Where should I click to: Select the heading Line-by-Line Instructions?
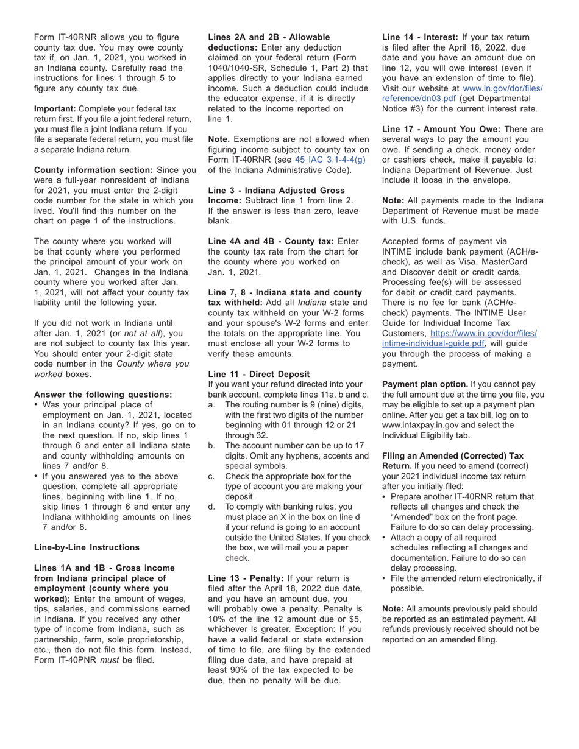click(87, 547)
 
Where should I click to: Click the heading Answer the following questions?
click(103, 395)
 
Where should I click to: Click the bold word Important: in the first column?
click(55, 108)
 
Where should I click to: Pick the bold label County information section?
click(94, 170)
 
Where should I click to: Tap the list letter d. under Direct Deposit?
click(211, 507)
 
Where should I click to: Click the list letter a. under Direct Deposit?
click(211, 404)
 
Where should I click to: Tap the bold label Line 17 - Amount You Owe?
click(441, 129)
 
